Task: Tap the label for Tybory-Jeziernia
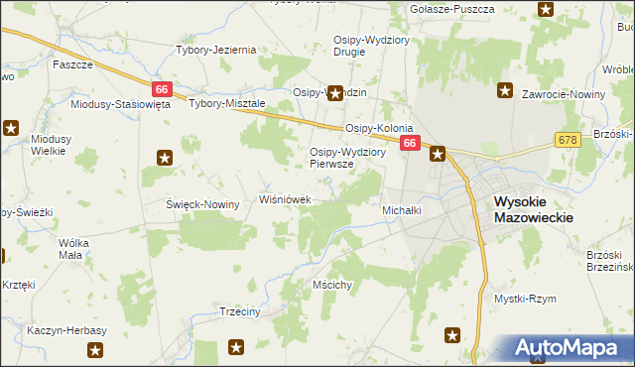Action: pyautogui.click(x=215, y=50)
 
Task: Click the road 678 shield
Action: pyautogui.click(x=568, y=141)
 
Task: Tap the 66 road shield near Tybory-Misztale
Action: pyautogui.click(x=163, y=88)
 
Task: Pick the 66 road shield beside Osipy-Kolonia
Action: pyautogui.click(x=410, y=145)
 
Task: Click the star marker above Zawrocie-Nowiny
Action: pyautogui.click(x=505, y=91)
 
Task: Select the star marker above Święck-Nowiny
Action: pyautogui.click(x=165, y=157)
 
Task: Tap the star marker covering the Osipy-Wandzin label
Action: pyautogui.click(x=335, y=93)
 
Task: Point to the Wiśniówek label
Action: pyautogui.click(x=286, y=199)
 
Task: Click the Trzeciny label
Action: pyautogui.click(x=238, y=310)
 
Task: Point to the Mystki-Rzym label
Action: pyautogui.click(x=525, y=299)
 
